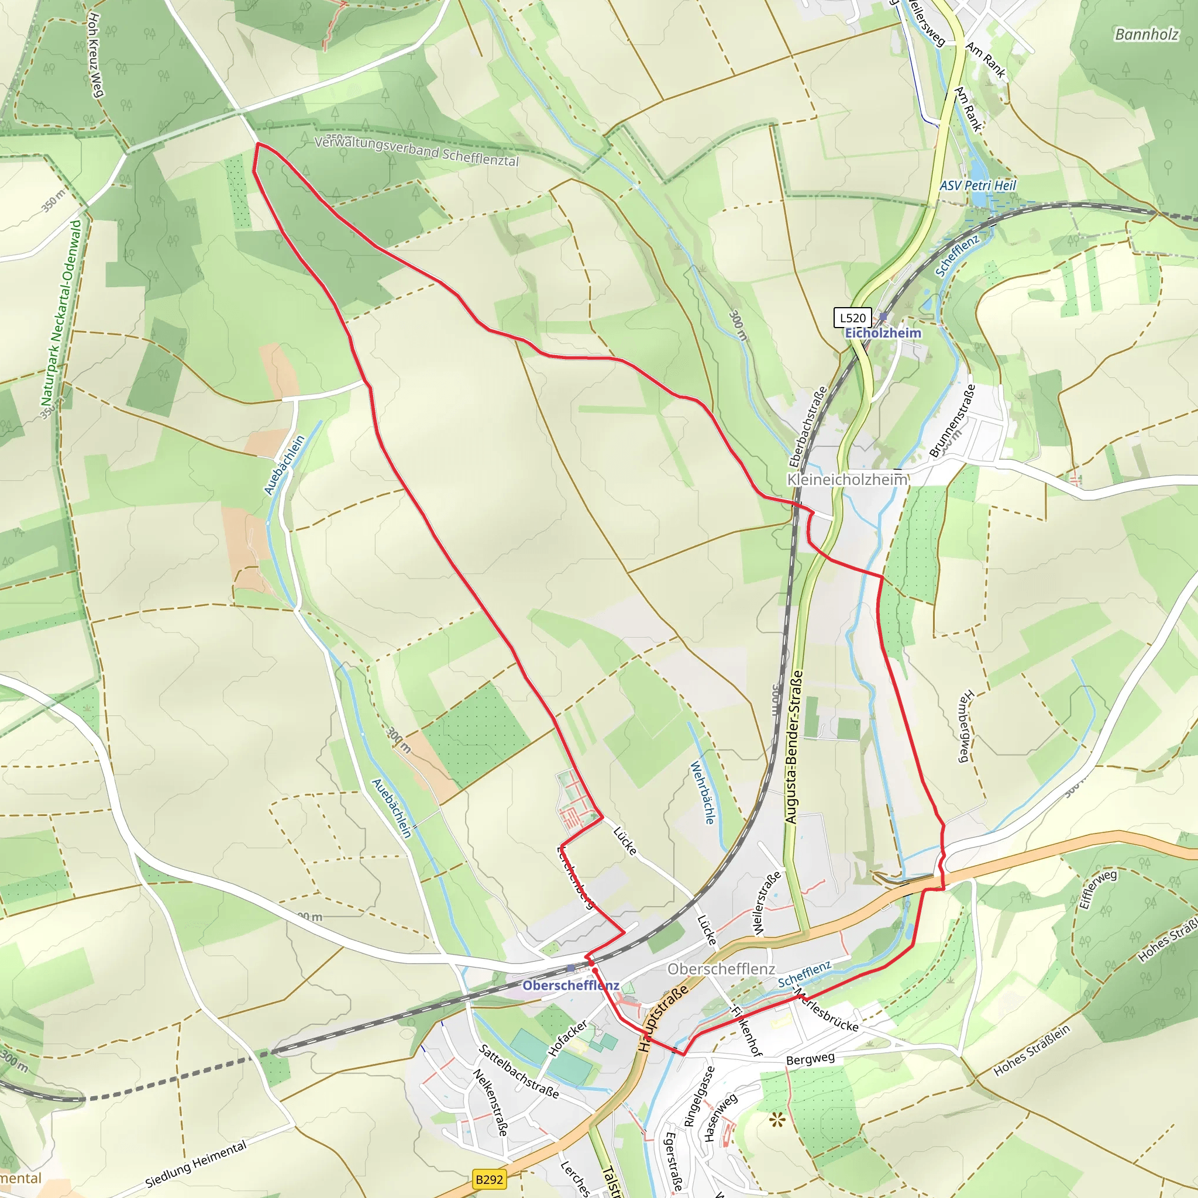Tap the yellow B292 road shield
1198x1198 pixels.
click(489, 1179)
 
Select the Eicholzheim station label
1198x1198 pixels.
click(883, 333)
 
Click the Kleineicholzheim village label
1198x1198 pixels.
click(847, 479)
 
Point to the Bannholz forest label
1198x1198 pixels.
click(1146, 34)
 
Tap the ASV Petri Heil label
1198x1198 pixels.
click(978, 185)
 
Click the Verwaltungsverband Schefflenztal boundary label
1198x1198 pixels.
click(416, 152)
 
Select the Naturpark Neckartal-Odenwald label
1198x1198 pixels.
click(61, 313)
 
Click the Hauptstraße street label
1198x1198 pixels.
click(663, 1019)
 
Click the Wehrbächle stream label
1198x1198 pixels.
click(703, 793)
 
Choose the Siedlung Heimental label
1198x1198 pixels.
click(196, 1165)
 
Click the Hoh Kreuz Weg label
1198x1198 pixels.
click(95, 55)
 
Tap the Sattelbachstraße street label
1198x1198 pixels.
click(519, 1071)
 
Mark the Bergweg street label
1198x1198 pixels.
click(810, 1058)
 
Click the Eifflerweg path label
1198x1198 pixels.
click(1097, 889)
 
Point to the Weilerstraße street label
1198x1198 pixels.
click(766, 903)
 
